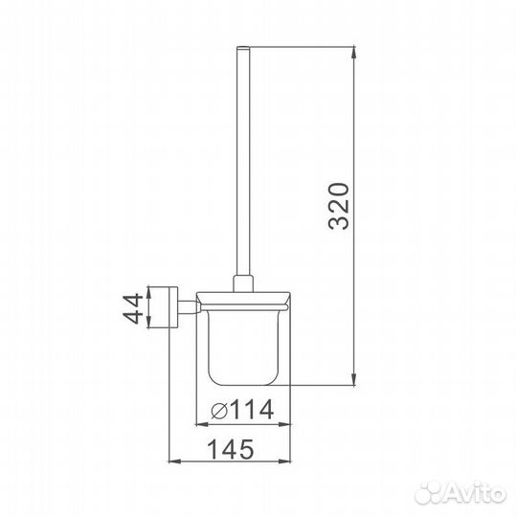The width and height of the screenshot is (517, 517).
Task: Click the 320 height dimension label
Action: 339,207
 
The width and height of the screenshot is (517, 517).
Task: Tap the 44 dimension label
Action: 133,309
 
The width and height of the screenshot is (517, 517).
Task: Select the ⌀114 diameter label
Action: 242,410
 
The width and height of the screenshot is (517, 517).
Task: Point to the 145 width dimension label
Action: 231,449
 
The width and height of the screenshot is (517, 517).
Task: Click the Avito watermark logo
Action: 460,493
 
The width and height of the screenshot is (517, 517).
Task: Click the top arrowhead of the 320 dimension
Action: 354,53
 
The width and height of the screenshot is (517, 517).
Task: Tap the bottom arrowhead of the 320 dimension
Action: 354,379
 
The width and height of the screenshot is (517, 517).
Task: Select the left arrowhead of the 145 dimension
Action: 175,461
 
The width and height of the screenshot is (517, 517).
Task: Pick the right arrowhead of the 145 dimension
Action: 284,461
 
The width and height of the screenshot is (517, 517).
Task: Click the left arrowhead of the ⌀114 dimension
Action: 202,424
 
